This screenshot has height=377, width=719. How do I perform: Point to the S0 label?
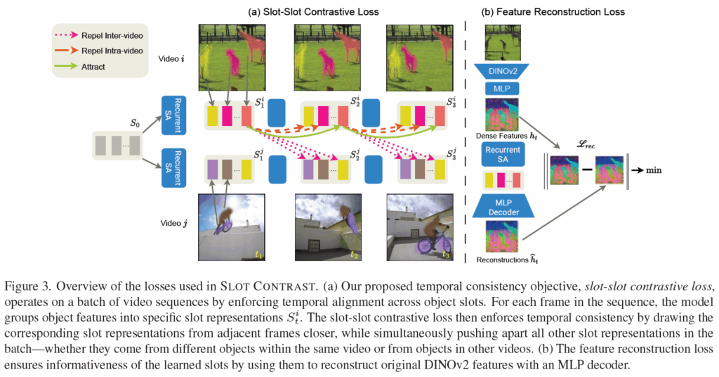(136, 122)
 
